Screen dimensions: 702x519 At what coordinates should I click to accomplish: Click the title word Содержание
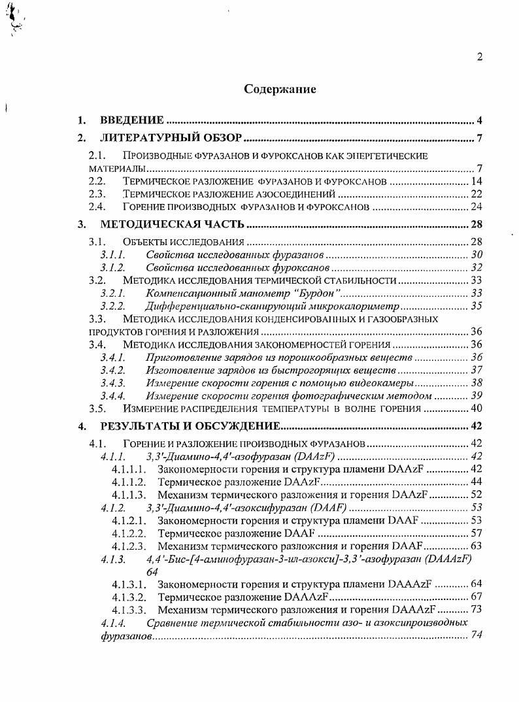pyautogui.click(x=280, y=89)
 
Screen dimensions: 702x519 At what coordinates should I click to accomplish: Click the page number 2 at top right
pyautogui.click(x=479, y=57)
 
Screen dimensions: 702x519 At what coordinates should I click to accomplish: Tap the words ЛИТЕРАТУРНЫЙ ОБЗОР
pyautogui.click(x=171, y=137)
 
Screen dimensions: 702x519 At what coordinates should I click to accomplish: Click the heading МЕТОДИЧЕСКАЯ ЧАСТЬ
pyautogui.click(x=173, y=226)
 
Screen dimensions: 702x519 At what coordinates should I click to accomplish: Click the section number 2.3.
pyautogui.click(x=97, y=194)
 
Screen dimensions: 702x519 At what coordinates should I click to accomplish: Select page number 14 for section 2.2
pyautogui.click(x=475, y=181)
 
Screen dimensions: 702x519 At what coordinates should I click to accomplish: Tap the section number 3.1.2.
pyautogui.click(x=112, y=268)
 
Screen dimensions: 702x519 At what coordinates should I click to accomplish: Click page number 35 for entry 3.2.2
pyautogui.click(x=475, y=307)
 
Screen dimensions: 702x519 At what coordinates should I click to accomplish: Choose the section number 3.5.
pyautogui.click(x=97, y=409)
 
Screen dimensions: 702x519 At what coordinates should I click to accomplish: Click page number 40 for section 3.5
pyautogui.click(x=475, y=409)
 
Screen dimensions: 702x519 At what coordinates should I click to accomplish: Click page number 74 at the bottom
pyautogui.click(x=477, y=635)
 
